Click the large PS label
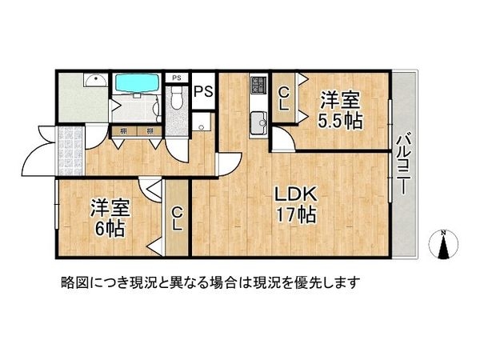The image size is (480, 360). pos(202,90)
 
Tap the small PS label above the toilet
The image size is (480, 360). pos(177,78)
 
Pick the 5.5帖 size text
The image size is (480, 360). pos(340,121)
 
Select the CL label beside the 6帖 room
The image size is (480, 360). pos(176,217)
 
